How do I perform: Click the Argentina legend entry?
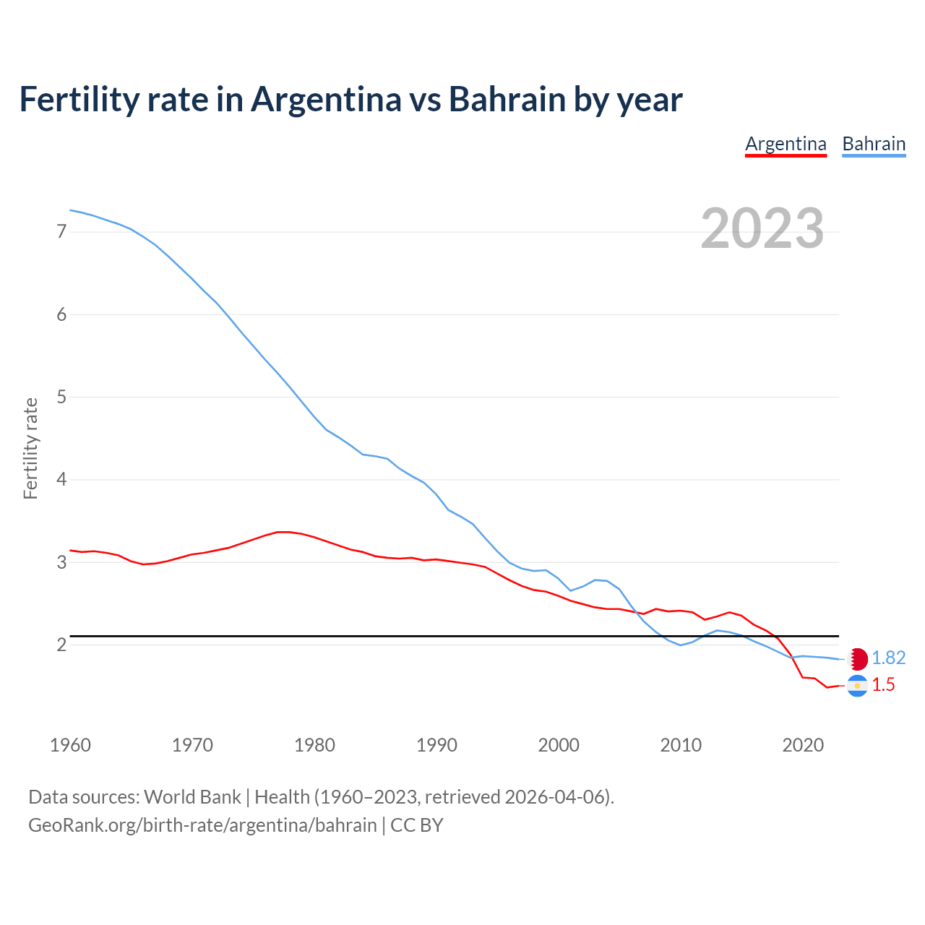coord(786,144)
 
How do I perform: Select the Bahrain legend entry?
coord(874,144)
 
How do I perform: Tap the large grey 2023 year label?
coord(762,228)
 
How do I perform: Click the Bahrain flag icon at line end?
coord(858,658)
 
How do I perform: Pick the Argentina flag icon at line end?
coord(857,685)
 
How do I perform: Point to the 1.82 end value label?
coord(888,658)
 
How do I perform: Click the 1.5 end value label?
coord(883,685)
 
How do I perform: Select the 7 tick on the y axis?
coord(61,232)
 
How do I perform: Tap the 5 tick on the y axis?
coord(61,397)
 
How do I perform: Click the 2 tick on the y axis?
coord(61,645)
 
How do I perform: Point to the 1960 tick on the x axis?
coord(70,745)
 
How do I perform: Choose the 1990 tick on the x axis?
coord(436,745)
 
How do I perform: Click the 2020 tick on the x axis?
coord(803,745)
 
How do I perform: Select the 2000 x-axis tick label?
coord(559,745)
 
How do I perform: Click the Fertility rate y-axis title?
coord(30,448)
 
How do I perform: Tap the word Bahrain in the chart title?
coord(507,99)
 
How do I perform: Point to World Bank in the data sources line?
coord(192,797)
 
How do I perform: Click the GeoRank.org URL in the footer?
coord(202,825)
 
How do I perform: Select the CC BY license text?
coord(417,825)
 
